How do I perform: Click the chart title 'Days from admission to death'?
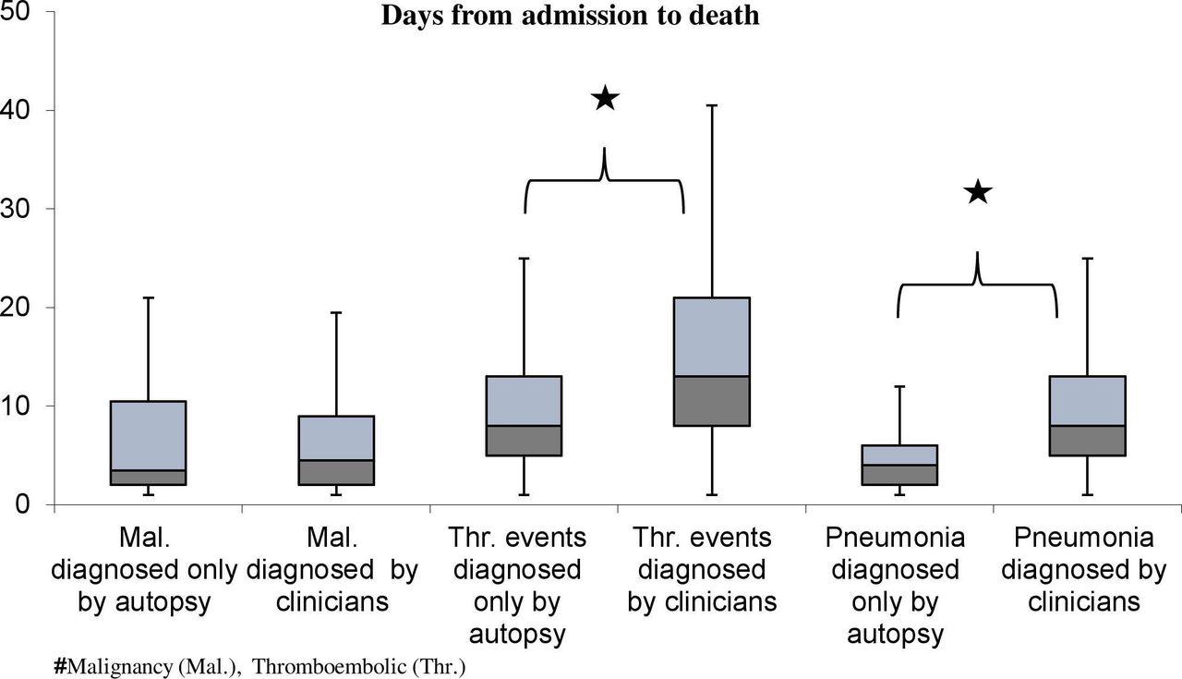coord(570,16)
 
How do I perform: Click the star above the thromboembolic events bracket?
coord(605,98)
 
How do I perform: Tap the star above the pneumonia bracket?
coord(978,191)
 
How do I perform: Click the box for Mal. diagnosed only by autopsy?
coord(149,443)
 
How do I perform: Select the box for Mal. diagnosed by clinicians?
coord(336,451)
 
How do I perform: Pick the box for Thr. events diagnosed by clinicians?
coord(712,362)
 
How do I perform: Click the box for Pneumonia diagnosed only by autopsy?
coord(899,466)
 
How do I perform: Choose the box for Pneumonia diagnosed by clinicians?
coord(1088,416)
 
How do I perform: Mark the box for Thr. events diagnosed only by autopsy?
coord(524,416)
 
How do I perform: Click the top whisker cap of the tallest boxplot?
coord(712,105)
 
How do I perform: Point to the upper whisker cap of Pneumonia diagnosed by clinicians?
coord(1088,258)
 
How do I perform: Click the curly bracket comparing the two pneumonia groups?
coord(977,285)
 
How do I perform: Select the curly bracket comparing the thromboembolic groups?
coord(604,180)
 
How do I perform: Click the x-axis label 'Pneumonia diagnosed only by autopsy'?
coord(896,586)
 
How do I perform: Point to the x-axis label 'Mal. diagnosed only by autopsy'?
coord(144,570)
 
